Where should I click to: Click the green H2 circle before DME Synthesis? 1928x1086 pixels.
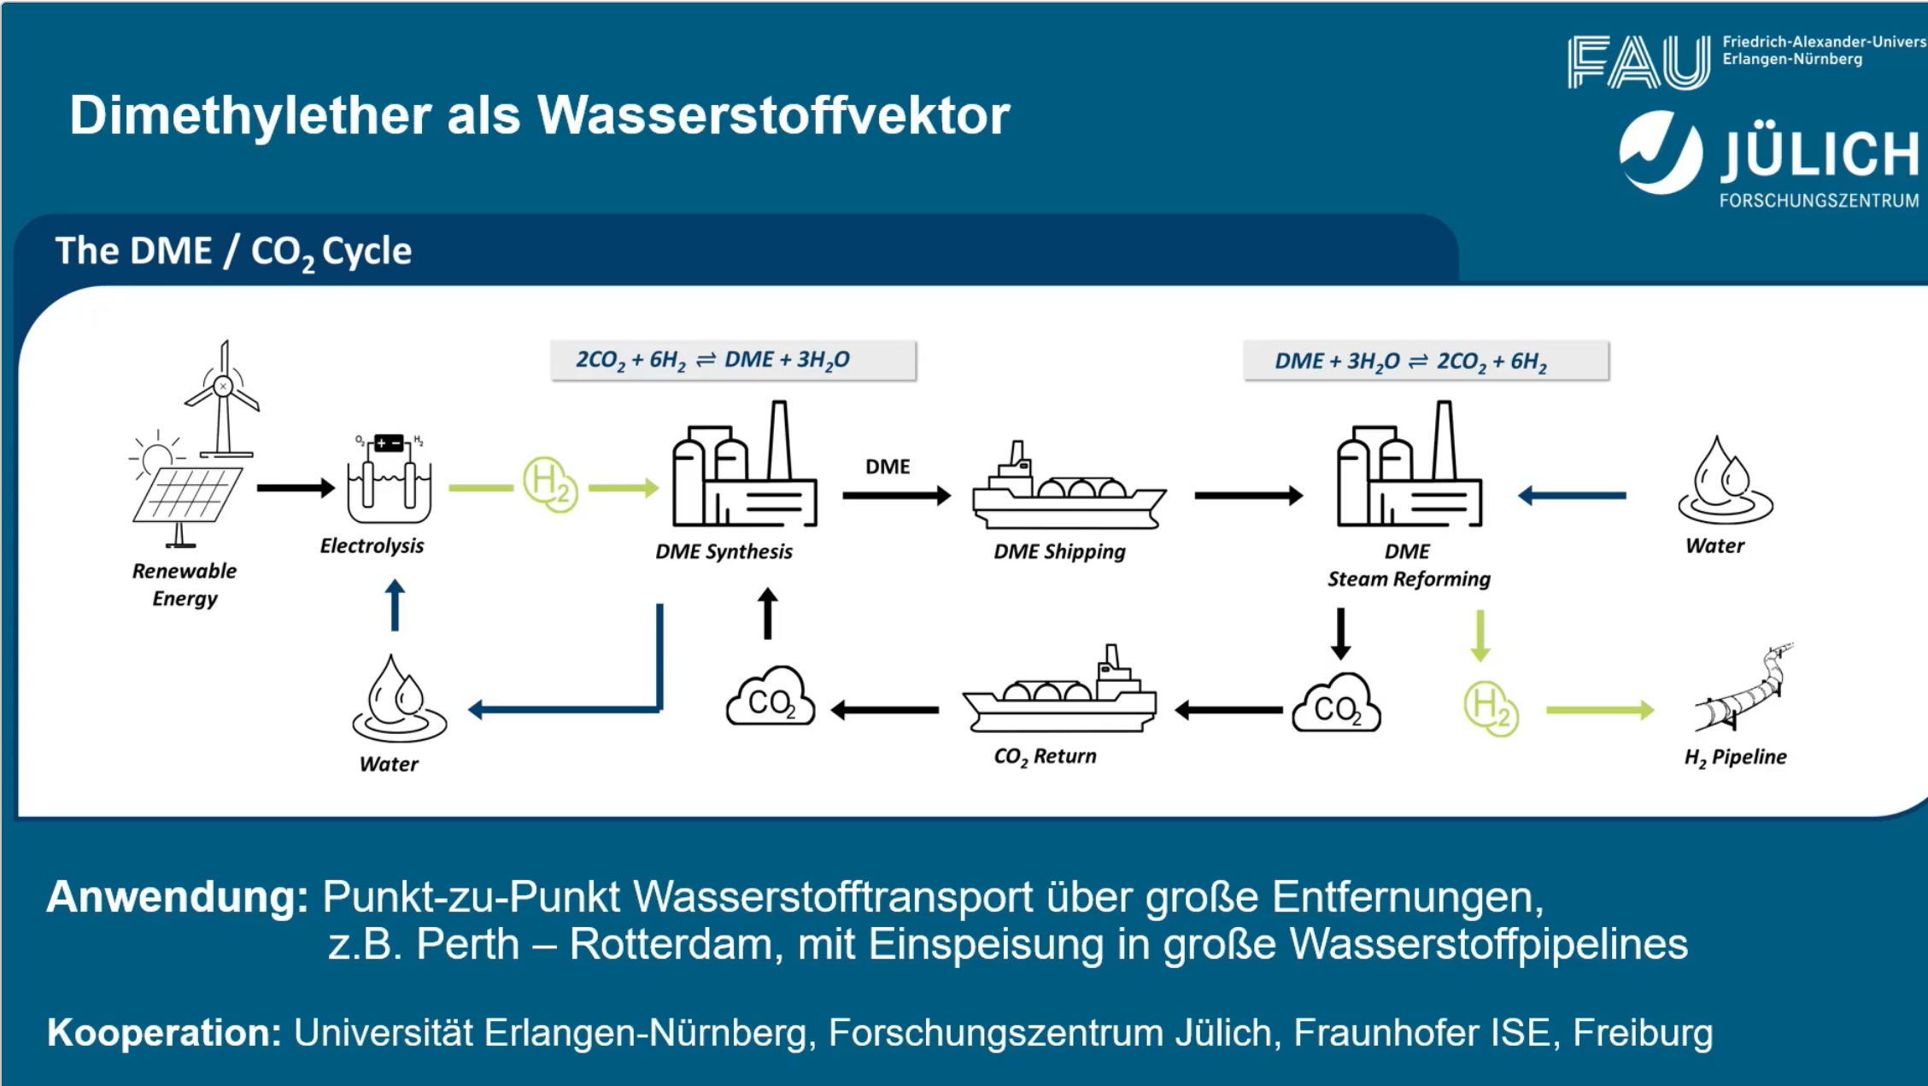[x=550, y=484]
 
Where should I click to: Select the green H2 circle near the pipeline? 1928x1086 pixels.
[x=1491, y=709]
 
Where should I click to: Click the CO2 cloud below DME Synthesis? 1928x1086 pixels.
[x=771, y=698]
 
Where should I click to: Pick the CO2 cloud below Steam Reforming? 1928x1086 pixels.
[x=1336, y=705]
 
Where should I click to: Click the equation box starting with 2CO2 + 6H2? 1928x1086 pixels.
[x=733, y=361]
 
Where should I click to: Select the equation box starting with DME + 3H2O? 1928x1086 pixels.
[x=1426, y=361]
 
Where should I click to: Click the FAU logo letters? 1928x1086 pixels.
[x=1638, y=62]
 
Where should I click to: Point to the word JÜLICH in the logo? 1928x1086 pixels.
[x=1820, y=155]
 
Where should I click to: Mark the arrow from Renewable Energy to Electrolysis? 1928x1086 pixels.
[x=296, y=488]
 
